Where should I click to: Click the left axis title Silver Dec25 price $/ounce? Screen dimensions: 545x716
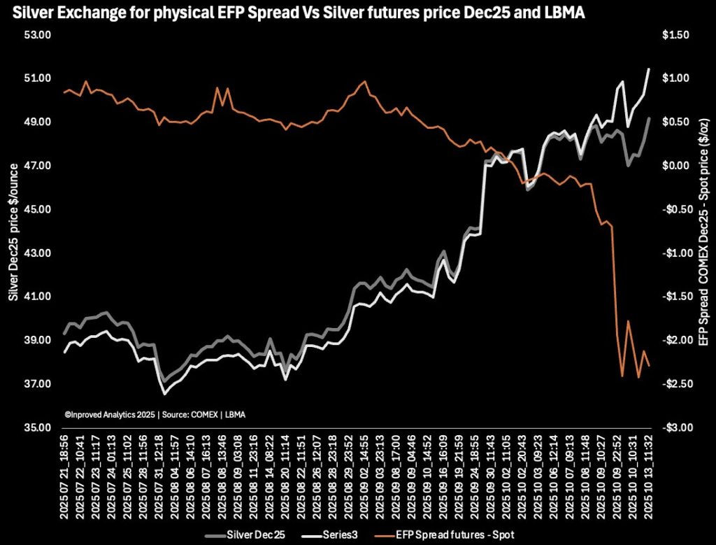tap(12, 231)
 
